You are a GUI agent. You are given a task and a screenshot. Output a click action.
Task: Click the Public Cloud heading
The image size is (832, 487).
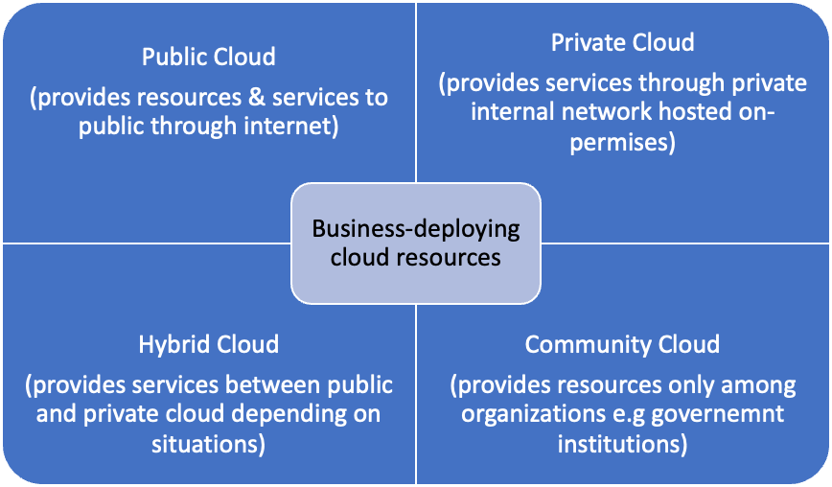click(208, 58)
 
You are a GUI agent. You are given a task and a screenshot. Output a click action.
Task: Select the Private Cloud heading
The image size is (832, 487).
click(623, 43)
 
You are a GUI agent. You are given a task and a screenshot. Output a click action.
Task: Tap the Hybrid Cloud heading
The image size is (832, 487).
click(208, 344)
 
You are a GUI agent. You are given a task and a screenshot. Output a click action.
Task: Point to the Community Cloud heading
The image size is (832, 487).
click(622, 344)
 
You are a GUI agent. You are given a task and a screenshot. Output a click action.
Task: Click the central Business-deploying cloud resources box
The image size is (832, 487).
click(416, 243)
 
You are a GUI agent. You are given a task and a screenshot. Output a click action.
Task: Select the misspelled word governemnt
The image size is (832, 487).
click(727, 415)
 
